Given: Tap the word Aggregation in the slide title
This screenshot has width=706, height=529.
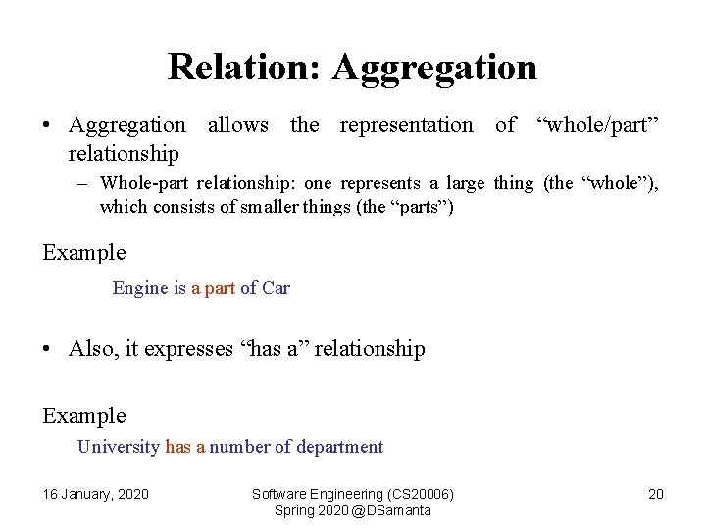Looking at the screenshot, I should (x=434, y=68).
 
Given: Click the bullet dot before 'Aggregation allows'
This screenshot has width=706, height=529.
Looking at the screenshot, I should (x=47, y=126).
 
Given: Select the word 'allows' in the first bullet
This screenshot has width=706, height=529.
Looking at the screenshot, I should (x=237, y=124).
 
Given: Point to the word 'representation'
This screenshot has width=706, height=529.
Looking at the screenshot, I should (x=405, y=124).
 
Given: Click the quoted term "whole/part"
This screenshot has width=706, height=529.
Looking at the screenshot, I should (x=596, y=124).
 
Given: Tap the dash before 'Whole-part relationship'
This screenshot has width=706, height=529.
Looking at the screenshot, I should (x=81, y=183).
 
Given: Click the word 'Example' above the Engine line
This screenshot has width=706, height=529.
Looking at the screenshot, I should (x=84, y=252).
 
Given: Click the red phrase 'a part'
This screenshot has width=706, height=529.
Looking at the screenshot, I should (x=213, y=288).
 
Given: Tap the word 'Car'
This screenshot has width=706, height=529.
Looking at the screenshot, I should (x=276, y=288).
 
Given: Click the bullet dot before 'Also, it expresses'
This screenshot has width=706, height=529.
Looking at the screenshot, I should (x=47, y=350).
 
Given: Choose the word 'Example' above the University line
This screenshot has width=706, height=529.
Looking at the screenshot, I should (x=84, y=415).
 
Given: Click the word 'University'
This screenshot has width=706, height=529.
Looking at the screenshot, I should (x=118, y=447).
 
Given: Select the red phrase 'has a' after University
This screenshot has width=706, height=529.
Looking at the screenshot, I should (x=184, y=447).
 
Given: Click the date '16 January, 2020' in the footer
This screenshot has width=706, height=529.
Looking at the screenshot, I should (x=96, y=494).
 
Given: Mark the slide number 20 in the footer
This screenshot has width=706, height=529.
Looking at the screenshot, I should (x=656, y=494).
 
